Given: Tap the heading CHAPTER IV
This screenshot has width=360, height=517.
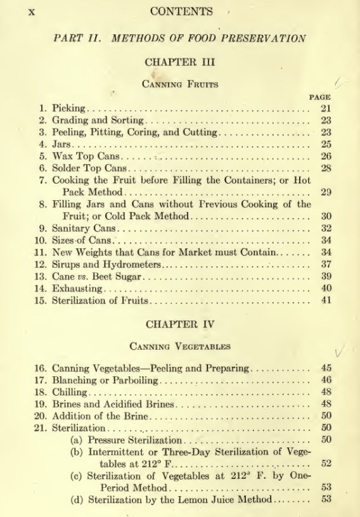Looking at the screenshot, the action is (181, 324).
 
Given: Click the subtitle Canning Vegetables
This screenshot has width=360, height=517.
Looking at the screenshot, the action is (181, 346).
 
